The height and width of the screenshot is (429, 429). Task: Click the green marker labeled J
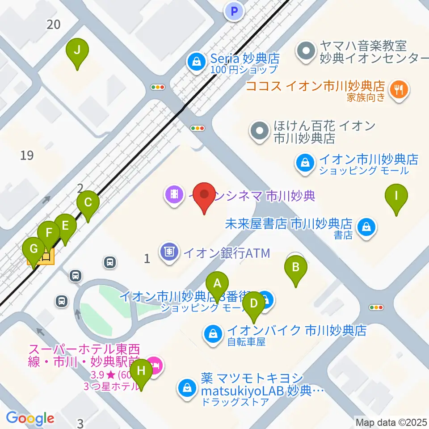click(x=77, y=50)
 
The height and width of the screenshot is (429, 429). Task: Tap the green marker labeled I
click(x=396, y=196)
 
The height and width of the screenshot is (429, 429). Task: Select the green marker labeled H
click(x=141, y=371)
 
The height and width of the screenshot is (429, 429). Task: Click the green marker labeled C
click(x=88, y=203)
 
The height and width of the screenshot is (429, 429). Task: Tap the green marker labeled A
click(x=218, y=284)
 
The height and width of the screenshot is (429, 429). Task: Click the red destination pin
click(x=205, y=195)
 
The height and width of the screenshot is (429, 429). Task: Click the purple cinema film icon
click(x=173, y=194)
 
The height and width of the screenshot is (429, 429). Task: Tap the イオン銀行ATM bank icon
click(x=169, y=252)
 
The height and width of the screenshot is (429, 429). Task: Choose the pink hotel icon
click(x=155, y=366)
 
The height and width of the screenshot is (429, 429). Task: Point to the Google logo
click(x=30, y=418)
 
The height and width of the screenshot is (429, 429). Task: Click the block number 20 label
click(x=54, y=25)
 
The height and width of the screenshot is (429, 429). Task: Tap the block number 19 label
click(x=27, y=156)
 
